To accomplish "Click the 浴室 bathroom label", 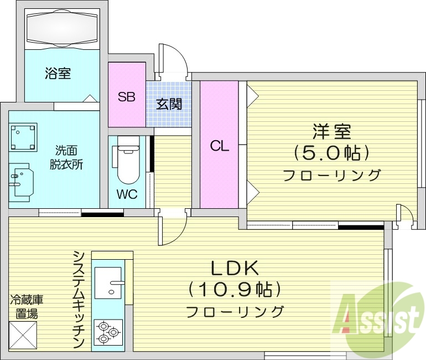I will tap(58, 74).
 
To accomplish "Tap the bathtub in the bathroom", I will tap(62, 29).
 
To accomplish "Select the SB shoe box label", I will tap(126, 97).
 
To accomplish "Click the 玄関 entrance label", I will tap(169, 104).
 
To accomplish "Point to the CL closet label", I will tap(219, 146).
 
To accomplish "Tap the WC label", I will tap(127, 195).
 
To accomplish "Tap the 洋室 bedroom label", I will tap(331, 132).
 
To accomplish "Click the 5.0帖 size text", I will tap(331, 152).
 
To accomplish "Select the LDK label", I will tap(235, 268).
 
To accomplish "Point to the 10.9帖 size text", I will tap(235, 289).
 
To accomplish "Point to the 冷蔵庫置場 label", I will tap(27, 307).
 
